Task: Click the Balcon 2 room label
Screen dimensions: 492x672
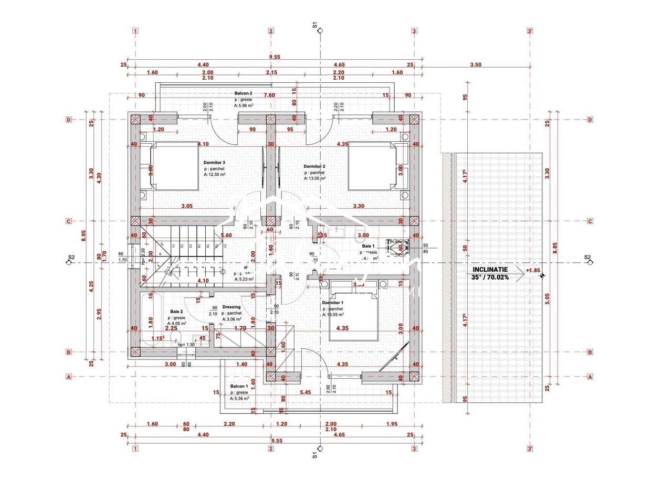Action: pos(244,93)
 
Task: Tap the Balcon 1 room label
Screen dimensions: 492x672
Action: pos(239,386)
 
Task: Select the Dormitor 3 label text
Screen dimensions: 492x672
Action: pos(214,163)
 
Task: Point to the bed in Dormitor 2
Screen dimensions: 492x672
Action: pos(373,165)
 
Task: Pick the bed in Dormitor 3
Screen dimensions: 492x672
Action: pos(174,165)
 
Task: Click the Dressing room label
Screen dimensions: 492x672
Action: pos(232,307)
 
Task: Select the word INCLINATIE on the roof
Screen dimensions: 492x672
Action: pos(487,270)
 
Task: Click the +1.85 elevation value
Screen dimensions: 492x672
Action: pos(532,271)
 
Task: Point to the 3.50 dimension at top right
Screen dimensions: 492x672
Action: pos(475,65)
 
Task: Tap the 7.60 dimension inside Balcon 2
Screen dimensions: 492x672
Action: pos(269,95)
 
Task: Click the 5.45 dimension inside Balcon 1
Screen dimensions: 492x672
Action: pos(305,392)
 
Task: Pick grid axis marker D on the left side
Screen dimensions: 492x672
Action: pos(68,120)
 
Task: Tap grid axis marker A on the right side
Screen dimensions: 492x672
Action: pos(590,377)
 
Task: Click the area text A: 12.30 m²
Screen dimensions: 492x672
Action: pos(214,175)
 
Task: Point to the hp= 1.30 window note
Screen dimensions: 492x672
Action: pos(186,345)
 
